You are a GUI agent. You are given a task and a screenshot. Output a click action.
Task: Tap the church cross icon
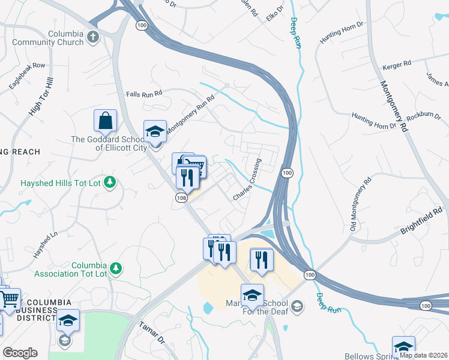click(92, 38)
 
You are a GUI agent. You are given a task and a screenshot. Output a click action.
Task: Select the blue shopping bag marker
click(106, 121)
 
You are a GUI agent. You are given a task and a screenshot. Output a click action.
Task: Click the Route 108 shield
click(181, 197)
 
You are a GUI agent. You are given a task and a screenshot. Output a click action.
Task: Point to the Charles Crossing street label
click(247, 179)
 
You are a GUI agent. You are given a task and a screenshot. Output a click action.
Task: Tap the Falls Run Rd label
click(144, 94)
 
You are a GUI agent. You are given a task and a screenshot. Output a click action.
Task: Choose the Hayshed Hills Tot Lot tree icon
click(109, 182)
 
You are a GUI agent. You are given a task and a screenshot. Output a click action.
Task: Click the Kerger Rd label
click(399, 62)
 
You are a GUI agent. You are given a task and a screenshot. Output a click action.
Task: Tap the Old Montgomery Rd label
click(360, 205)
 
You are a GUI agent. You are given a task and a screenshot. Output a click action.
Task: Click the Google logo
click(20, 353)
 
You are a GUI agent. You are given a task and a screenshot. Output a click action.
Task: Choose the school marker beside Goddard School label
click(155, 131)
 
